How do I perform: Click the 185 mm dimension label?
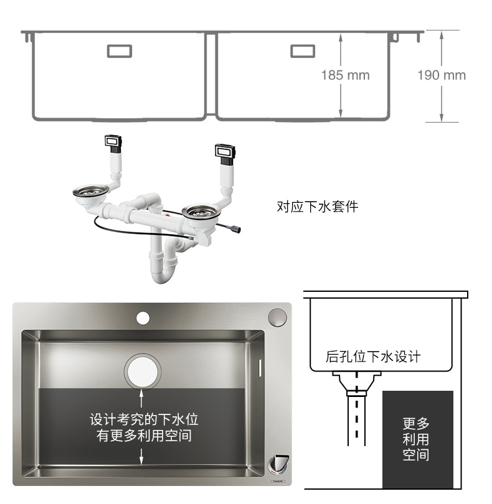(345, 75)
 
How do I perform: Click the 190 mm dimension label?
(441, 75)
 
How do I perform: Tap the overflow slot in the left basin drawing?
(120, 50)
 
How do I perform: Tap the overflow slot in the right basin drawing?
(303, 50)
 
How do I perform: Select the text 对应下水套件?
(317, 207)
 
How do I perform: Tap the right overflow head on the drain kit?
(225, 151)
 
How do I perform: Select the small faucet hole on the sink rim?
(143, 319)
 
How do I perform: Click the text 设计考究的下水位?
(144, 419)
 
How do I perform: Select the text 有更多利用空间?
(144, 436)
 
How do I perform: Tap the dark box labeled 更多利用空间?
(417, 439)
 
